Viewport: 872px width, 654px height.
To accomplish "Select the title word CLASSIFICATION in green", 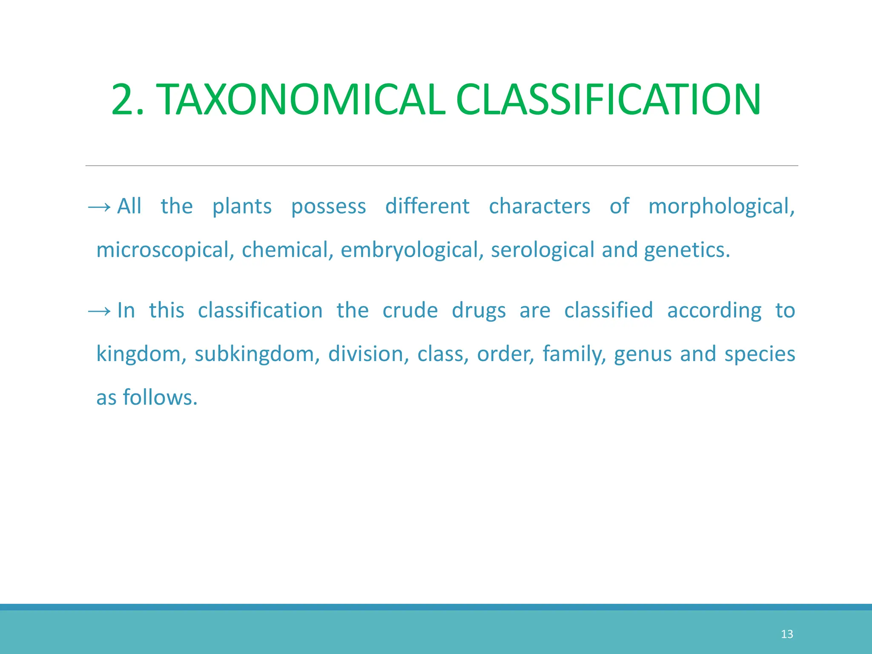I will point(608,100).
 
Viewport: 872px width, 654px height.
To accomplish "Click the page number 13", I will point(787,634).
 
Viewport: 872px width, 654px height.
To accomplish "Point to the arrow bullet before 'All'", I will point(99,207).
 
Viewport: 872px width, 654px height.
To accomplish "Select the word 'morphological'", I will point(721,207).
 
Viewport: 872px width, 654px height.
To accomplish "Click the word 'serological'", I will point(542,250).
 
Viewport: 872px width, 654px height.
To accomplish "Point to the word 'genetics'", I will point(686,250).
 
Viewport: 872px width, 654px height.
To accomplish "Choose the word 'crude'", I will point(410,311).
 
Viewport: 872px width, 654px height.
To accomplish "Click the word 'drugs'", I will point(479,311).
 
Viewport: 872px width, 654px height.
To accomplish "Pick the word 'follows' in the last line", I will point(160,398).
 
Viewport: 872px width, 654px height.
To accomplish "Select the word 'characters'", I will point(539,207).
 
